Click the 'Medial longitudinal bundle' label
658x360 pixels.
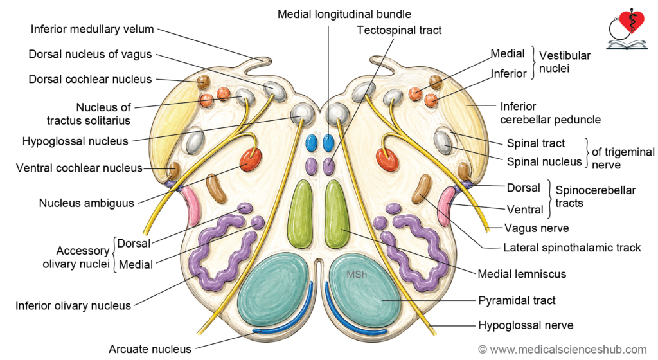344,14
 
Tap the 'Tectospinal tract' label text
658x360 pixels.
399,30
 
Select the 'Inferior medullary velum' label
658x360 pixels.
93,30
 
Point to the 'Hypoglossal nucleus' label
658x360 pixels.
75,141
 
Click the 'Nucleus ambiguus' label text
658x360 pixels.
87,203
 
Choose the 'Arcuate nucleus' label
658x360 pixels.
150,349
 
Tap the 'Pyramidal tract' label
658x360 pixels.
517,300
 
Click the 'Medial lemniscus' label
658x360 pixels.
522,274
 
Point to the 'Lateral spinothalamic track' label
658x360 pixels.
572,248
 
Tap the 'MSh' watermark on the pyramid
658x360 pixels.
357,274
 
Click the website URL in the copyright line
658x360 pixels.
568,350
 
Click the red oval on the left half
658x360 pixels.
251,159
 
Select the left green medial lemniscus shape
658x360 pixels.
301,214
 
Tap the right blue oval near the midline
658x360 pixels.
328,143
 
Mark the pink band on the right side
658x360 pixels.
446,206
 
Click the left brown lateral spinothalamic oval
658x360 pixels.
216,188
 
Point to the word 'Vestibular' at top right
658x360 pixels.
564,55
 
